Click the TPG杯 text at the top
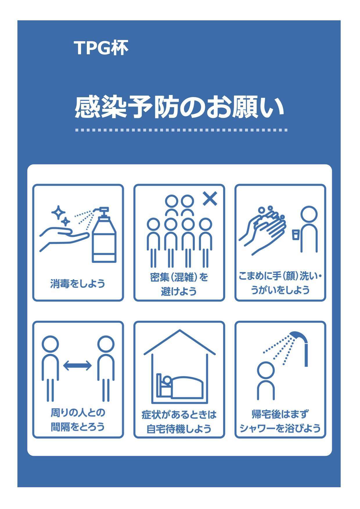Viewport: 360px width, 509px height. [x=101, y=48]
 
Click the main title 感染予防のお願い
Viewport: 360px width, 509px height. [x=179, y=107]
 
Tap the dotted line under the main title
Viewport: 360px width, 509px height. [x=181, y=130]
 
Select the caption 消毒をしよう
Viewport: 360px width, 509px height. [x=78, y=283]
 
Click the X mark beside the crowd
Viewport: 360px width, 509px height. [x=210, y=199]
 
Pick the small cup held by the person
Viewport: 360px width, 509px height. [x=296, y=234]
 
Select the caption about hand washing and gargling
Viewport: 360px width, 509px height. [x=280, y=283]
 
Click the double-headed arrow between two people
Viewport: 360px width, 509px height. [x=77, y=365]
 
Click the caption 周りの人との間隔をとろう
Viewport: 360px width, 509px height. [x=78, y=420]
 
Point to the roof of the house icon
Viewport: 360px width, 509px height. [x=180, y=343]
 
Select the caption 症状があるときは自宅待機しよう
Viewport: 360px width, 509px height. [x=179, y=422]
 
